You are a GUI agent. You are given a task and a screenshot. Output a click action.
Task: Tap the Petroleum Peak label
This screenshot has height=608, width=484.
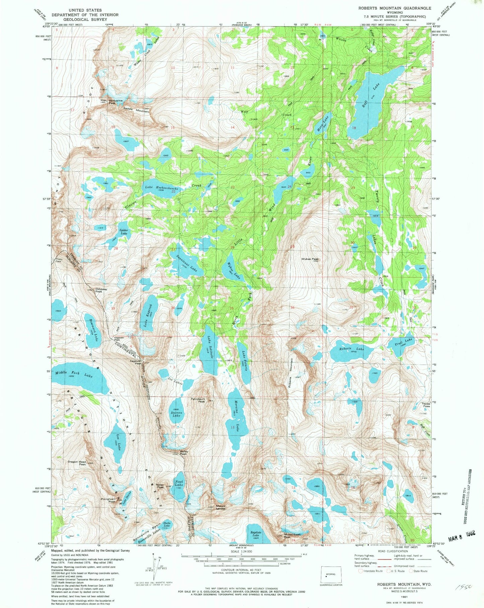click(x=198, y=400)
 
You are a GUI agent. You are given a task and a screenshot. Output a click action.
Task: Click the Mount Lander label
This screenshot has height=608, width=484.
click(x=221, y=507)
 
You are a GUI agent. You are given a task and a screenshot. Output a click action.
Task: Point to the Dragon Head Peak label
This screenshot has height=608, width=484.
click(x=77, y=463)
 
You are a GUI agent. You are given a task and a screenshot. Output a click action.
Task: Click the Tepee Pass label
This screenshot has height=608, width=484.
click(x=426, y=405)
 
